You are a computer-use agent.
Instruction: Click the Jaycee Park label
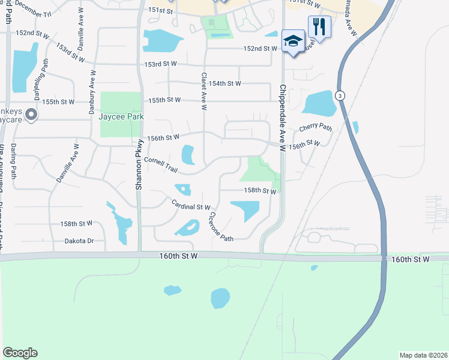121,116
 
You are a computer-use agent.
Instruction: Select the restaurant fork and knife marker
319,26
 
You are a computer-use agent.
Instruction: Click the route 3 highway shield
340,95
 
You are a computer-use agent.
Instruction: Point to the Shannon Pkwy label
139,164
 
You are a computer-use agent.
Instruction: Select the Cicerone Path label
220,227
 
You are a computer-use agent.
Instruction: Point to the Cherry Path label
315,127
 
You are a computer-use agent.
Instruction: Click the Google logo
20,353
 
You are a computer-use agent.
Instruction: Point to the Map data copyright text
423,355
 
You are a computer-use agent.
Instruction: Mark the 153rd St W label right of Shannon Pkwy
161,64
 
